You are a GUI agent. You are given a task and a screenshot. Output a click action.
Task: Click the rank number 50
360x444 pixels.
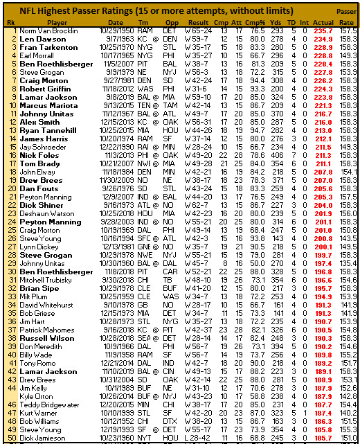(11, 438)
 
